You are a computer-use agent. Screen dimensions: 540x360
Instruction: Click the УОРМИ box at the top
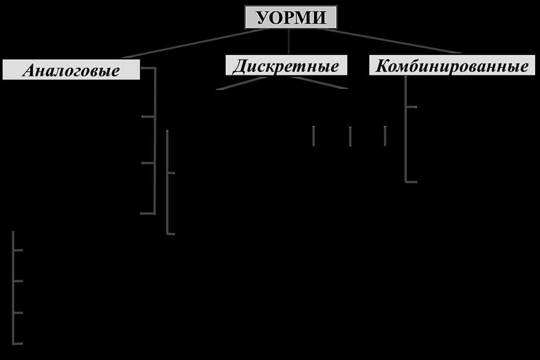coord(291,17)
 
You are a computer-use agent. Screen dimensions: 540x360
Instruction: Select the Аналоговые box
coord(72,69)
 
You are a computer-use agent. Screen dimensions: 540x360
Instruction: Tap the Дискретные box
coord(286,65)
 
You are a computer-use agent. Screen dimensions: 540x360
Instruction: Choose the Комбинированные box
coord(452,65)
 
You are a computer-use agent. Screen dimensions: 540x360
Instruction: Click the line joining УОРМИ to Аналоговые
coord(193,43)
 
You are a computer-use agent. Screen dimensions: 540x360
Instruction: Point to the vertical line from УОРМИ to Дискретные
coord(288,41)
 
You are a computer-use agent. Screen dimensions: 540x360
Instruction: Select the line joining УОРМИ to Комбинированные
coord(392,41)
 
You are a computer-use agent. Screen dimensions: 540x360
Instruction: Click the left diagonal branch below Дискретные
coord(242,83)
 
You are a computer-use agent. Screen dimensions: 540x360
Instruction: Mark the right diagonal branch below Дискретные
coord(320,83)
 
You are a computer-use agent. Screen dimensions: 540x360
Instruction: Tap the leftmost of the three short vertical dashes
coord(313,136)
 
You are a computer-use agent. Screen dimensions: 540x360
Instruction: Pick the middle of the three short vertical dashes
coord(350,137)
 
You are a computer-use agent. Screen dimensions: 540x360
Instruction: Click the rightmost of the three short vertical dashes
coord(385,136)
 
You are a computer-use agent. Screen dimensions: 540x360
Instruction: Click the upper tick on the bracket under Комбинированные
coord(412,107)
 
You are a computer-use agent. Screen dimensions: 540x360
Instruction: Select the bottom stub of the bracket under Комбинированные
coord(412,182)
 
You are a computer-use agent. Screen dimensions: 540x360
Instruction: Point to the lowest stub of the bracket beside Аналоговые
coord(148,214)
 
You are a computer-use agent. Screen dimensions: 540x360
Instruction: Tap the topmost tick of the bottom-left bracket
coord(18,250)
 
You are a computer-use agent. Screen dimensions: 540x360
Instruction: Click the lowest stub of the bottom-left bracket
coord(18,343)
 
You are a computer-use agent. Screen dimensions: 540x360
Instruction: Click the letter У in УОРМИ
coord(263,18)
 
